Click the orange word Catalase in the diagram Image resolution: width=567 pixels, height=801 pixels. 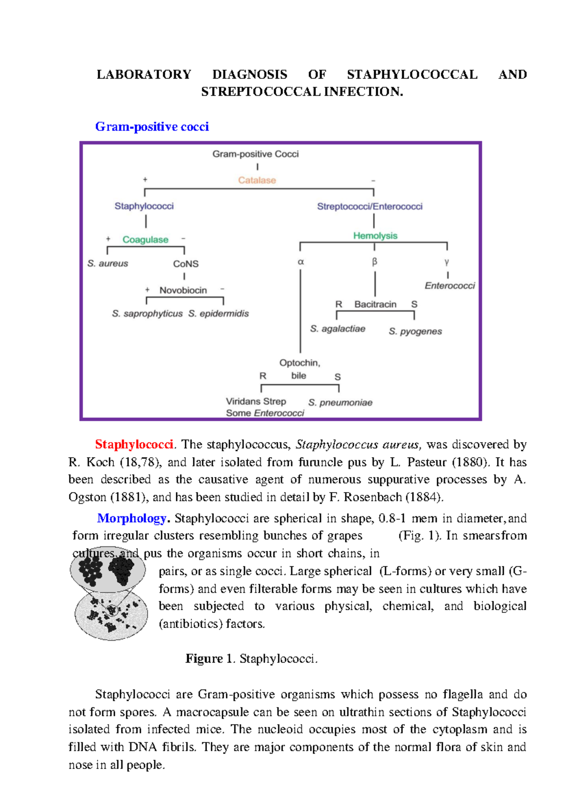(x=257, y=180)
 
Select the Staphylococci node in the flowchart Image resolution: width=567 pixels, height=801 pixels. (x=144, y=206)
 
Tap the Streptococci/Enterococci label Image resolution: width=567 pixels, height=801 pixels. (x=369, y=206)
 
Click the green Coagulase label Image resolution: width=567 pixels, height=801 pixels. (x=145, y=239)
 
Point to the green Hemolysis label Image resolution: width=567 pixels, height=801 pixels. (x=375, y=236)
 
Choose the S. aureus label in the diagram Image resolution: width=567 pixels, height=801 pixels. (x=108, y=264)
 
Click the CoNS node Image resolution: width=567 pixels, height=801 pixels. (x=186, y=264)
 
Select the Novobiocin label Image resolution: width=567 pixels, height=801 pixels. (x=183, y=290)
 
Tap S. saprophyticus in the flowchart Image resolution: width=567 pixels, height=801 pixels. (x=147, y=314)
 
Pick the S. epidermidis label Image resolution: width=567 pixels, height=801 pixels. (x=218, y=314)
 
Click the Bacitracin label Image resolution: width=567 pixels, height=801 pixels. (x=375, y=304)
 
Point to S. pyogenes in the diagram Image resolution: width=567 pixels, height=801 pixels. (x=415, y=332)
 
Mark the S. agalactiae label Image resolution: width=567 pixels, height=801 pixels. (x=337, y=329)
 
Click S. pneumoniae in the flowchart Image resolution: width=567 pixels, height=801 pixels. (x=340, y=402)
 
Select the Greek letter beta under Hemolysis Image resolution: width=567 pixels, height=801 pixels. (x=375, y=262)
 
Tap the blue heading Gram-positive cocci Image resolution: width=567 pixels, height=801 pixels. (x=152, y=127)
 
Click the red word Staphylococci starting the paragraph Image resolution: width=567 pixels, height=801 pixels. (x=134, y=444)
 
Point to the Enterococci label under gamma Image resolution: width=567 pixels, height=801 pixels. (x=449, y=286)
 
